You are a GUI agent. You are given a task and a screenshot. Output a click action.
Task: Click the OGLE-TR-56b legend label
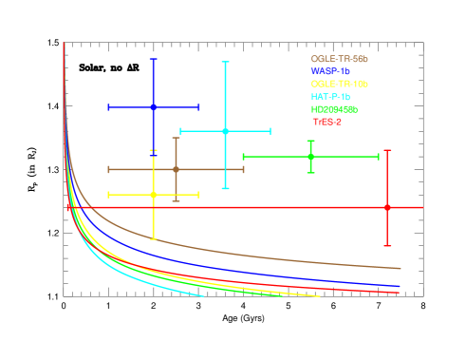[x=339, y=59]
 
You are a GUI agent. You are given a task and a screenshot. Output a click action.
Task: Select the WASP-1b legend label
[x=330, y=71]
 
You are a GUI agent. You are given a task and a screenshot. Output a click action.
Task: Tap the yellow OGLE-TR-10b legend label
[x=339, y=84]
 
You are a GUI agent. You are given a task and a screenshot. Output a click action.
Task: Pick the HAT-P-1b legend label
[x=330, y=97]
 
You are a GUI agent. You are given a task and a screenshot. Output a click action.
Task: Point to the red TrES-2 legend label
[x=326, y=122]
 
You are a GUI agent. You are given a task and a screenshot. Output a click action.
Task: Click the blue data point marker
[x=153, y=107]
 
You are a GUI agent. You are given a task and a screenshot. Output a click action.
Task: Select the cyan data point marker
[x=225, y=131]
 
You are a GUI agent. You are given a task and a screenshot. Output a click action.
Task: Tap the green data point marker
[x=310, y=156]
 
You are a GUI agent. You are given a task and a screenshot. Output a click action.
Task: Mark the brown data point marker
[x=176, y=169]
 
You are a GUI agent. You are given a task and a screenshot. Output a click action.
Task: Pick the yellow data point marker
[x=153, y=195]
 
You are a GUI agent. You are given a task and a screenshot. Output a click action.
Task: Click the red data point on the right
[x=387, y=207]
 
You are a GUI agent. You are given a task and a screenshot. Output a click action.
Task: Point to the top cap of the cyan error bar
[x=225, y=62]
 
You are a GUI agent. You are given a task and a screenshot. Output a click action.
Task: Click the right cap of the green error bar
[x=379, y=156]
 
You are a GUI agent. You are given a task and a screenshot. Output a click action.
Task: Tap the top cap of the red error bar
[x=387, y=150]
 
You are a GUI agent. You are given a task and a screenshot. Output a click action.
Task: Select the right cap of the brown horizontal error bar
[x=244, y=169]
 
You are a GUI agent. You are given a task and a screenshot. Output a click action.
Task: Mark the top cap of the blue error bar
[x=153, y=59]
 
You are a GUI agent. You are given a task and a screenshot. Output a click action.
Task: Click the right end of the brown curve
[x=400, y=269]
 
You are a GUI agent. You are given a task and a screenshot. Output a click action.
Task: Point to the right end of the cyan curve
[x=204, y=296]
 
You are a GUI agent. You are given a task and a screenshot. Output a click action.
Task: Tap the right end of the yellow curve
[x=319, y=296]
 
